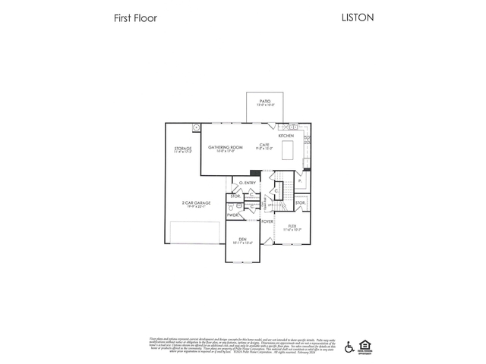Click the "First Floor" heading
[x=135, y=18]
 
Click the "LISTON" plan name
[x=358, y=17]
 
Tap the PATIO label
[x=265, y=101]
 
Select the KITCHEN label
[x=286, y=136]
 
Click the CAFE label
[x=264, y=145]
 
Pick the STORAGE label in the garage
[x=182, y=149]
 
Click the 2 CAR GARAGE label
[x=196, y=202]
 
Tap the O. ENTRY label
[x=246, y=183]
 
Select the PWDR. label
[x=232, y=215]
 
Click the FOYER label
[x=267, y=221]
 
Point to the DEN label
[x=242, y=240]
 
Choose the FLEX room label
[x=292, y=226]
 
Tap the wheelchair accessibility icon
[x=349, y=347]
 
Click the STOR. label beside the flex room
[x=300, y=202]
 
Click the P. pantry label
[x=299, y=181]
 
